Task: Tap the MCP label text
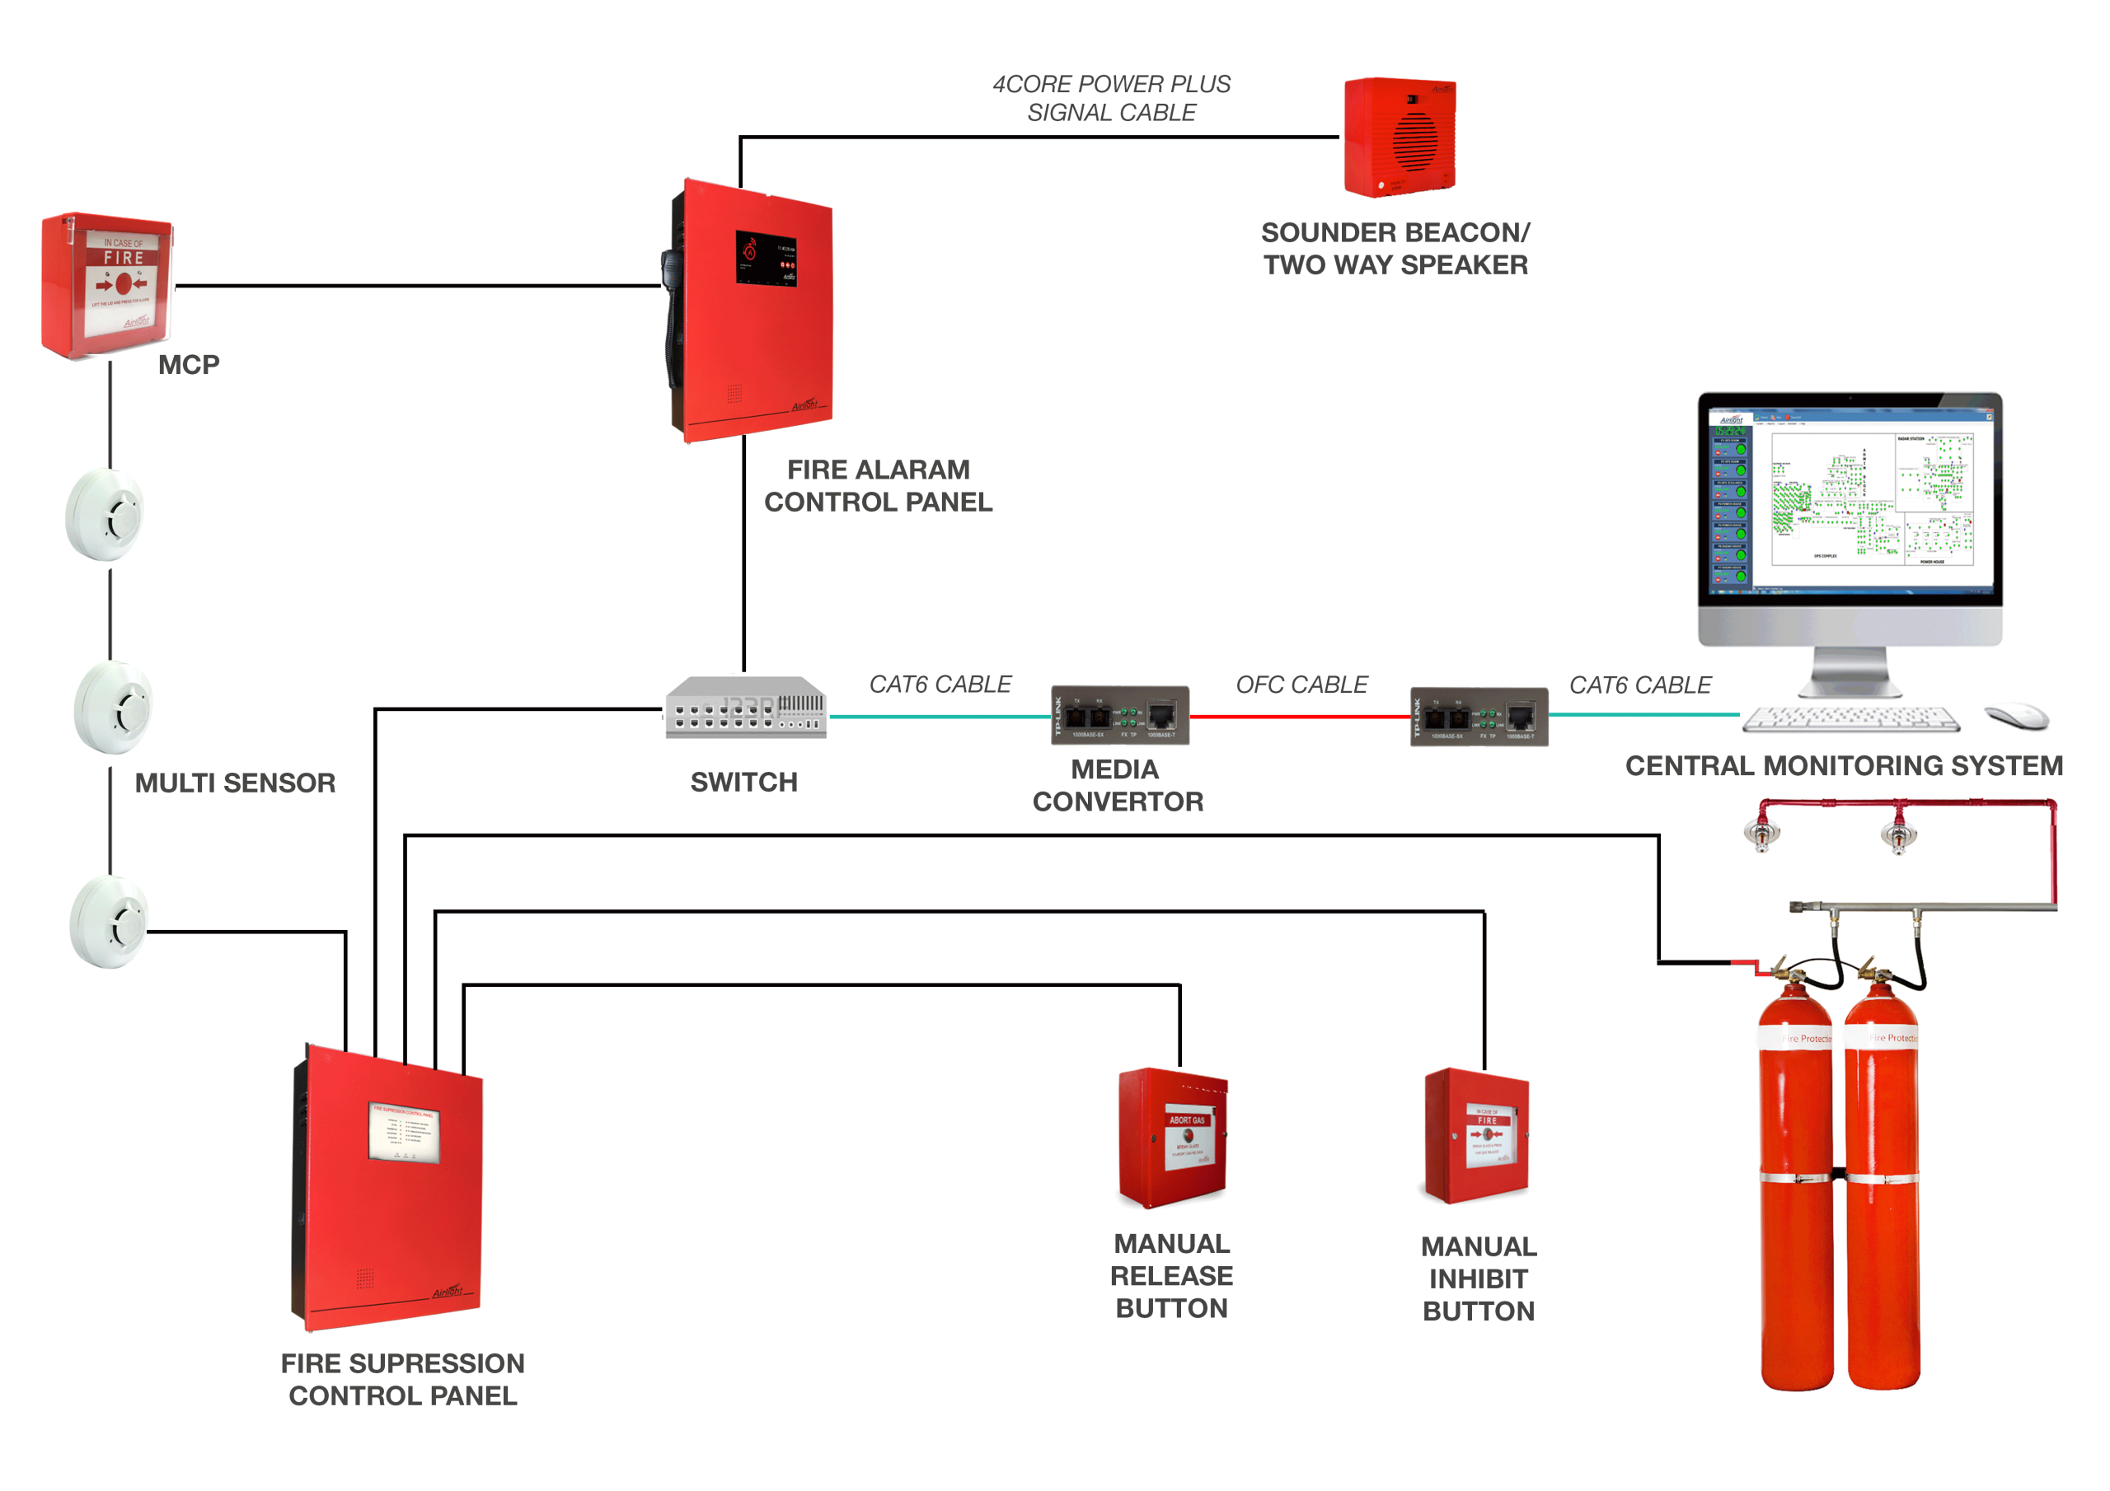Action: [x=189, y=365]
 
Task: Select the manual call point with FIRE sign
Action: [x=107, y=285]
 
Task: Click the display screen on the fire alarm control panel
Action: [x=766, y=257]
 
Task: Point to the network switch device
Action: [x=745, y=708]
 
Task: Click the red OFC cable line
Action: [x=1300, y=717]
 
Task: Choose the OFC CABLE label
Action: [x=1301, y=685]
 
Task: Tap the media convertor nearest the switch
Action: [x=1119, y=715]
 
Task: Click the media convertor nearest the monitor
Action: [x=1479, y=717]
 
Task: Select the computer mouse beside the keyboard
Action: [x=2016, y=716]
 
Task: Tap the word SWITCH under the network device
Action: [x=743, y=783]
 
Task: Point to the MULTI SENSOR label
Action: [x=235, y=783]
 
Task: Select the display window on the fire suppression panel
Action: [x=405, y=1133]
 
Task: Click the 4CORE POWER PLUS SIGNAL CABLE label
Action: [x=1111, y=98]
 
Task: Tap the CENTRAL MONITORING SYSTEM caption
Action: [x=1844, y=766]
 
